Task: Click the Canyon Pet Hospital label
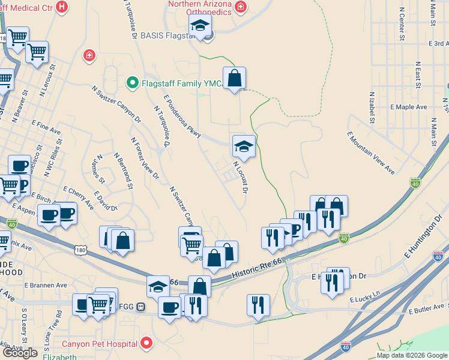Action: [x=99, y=344]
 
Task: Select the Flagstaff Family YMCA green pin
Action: [x=131, y=83]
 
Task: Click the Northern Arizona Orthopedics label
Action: [x=201, y=8]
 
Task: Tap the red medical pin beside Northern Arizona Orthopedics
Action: [x=241, y=7]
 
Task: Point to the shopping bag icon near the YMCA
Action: [x=235, y=78]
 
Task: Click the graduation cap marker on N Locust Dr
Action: [x=244, y=146]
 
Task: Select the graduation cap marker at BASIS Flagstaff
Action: [x=200, y=26]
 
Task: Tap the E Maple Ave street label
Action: [x=408, y=107]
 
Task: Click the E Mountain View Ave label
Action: [x=371, y=152]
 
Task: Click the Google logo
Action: [x=20, y=353]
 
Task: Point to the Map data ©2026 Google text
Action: [x=411, y=355]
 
